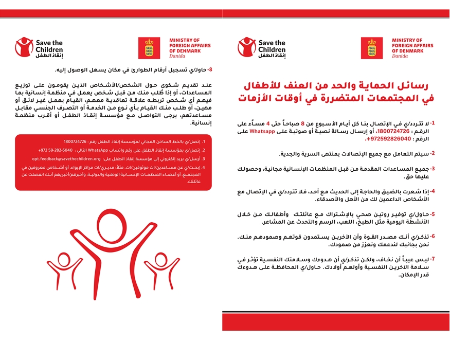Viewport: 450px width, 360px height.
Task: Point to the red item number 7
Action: coord(433,259)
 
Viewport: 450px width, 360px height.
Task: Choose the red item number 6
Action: coord(433,237)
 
